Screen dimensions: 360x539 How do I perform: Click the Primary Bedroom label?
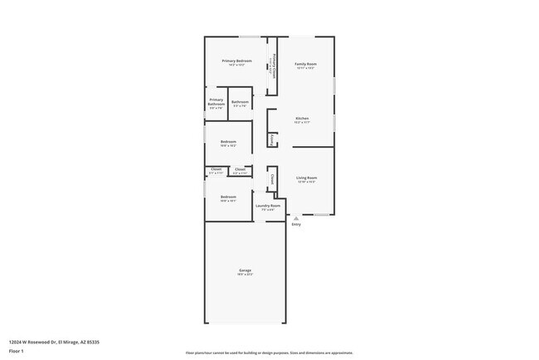(236, 61)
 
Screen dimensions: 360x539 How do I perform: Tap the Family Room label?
(305, 64)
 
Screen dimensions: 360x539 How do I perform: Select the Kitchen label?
(303, 119)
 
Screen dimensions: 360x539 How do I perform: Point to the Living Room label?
(307, 178)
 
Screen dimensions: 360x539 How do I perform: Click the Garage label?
(245, 270)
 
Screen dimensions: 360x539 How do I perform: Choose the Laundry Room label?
(268, 205)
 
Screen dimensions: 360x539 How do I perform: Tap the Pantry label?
(273, 139)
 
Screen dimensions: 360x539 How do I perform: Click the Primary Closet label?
(271, 66)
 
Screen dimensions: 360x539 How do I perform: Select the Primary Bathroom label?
(216, 101)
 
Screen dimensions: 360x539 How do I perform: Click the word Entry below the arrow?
(296, 224)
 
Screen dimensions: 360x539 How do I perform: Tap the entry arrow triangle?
(296, 217)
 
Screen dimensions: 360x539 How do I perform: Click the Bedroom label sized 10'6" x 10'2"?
(228, 142)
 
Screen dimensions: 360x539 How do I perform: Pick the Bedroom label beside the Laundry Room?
(228, 197)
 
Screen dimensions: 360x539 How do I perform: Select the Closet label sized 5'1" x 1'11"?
(216, 169)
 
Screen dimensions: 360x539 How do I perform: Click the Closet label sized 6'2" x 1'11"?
(240, 169)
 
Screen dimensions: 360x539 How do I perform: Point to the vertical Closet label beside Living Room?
(272, 178)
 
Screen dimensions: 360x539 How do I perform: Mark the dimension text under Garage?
(245, 275)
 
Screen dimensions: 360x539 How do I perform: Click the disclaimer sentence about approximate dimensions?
(269, 353)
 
